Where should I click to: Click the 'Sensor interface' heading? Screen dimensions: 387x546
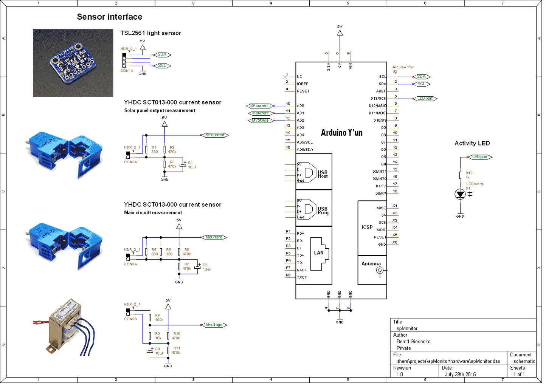[x=109, y=17]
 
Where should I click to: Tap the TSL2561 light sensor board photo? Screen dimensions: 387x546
[x=73, y=63]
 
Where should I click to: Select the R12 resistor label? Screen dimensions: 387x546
[x=469, y=173]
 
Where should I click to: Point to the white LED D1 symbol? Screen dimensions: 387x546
[x=460, y=195]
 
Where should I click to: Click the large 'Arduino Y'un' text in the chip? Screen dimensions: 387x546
[x=341, y=133]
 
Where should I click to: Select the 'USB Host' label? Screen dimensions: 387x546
[x=323, y=174]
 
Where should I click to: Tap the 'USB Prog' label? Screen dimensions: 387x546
[x=323, y=211]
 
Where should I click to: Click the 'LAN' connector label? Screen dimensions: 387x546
[x=319, y=253]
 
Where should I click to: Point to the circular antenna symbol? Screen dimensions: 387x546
[x=380, y=270]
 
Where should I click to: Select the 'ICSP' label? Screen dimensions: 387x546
[x=367, y=227]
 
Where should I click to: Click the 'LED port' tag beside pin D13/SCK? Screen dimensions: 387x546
[x=425, y=99]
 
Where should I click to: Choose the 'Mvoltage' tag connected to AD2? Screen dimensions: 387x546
[x=260, y=121]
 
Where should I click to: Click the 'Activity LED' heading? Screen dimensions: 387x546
[x=472, y=143]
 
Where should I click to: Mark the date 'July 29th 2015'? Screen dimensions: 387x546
[x=460, y=374]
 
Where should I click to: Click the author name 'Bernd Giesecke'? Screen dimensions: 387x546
[x=413, y=342]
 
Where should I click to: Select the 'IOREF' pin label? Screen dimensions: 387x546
[x=302, y=84]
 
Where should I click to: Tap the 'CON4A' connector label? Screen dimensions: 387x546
[x=130, y=319]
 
